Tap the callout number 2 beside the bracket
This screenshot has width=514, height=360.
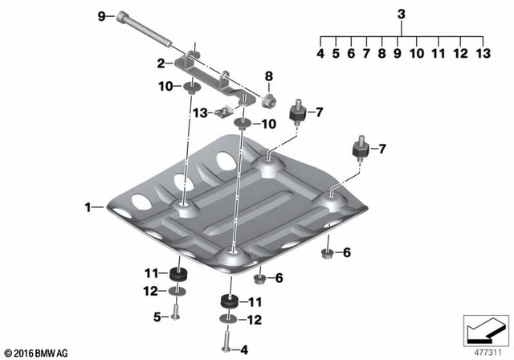(160, 63)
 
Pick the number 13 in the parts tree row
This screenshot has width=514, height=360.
(481, 54)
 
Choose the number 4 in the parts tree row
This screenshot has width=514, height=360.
(320, 54)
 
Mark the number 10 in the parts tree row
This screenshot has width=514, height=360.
(416, 54)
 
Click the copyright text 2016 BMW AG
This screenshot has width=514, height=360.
(37, 353)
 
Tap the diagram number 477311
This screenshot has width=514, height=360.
(483, 351)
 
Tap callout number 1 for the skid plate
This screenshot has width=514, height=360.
(88, 207)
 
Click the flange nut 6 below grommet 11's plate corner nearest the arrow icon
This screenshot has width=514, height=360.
(327, 254)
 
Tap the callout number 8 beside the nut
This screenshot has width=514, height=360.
(269, 77)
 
